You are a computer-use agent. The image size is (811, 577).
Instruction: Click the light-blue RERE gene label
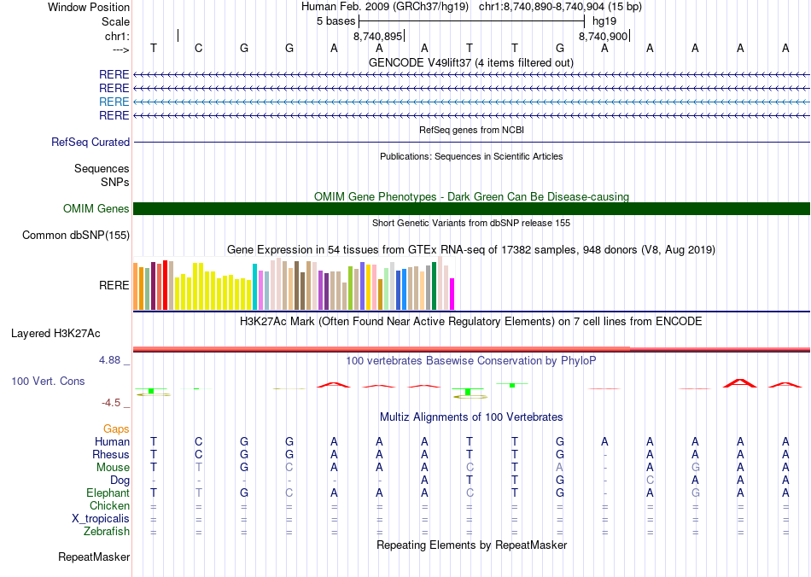click(114, 102)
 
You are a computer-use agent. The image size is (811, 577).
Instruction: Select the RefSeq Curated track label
click(90, 143)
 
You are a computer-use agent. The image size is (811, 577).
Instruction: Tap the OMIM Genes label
click(96, 209)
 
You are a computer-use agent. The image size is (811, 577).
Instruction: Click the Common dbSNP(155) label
click(76, 236)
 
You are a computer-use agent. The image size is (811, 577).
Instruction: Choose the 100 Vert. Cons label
click(48, 381)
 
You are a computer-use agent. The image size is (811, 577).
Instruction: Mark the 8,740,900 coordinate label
click(603, 37)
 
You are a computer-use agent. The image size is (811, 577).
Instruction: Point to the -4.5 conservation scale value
click(114, 403)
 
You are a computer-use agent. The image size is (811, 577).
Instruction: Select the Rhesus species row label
click(111, 455)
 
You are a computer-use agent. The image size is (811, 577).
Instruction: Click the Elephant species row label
click(108, 493)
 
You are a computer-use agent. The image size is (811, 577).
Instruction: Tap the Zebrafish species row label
click(107, 532)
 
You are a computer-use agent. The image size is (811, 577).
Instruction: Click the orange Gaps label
click(116, 428)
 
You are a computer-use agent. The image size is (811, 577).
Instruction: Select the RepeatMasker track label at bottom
click(94, 557)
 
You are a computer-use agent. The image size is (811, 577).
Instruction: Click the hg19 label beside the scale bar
click(604, 20)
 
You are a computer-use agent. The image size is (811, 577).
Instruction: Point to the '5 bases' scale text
click(335, 20)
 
